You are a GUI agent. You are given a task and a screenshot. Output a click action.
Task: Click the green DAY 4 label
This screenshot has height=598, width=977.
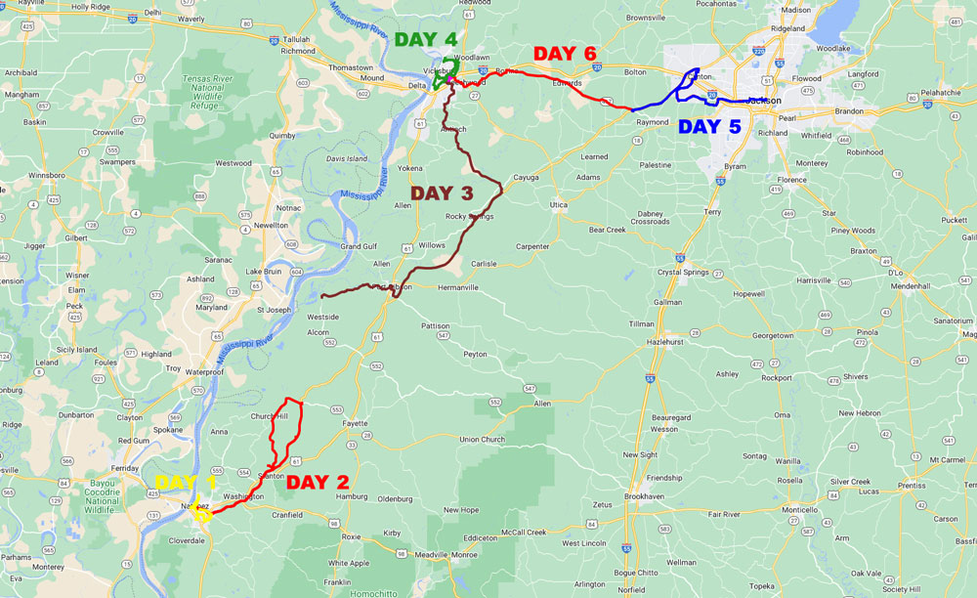(x=426, y=40)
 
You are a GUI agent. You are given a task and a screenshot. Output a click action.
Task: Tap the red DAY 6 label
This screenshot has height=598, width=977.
(x=564, y=53)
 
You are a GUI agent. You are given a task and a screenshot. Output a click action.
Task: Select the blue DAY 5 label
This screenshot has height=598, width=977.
(x=709, y=126)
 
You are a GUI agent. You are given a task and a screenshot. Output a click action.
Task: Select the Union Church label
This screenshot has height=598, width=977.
(x=482, y=439)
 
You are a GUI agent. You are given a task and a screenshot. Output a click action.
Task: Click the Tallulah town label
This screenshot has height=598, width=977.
(x=296, y=40)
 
